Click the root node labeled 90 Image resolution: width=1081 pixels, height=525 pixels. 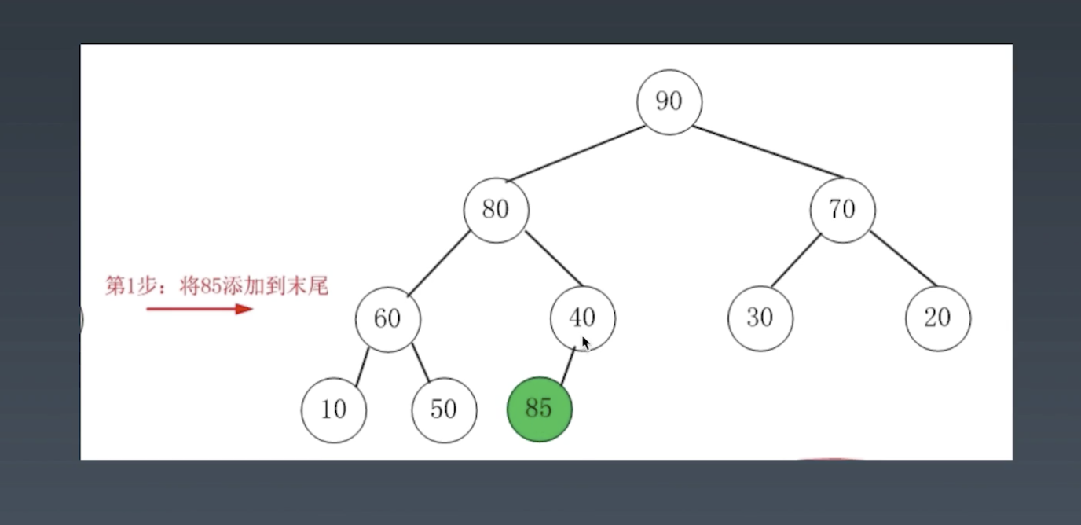tap(669, 102)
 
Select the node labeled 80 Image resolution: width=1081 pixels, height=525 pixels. tap(496, 210)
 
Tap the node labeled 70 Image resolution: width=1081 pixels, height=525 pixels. tap(842, 210)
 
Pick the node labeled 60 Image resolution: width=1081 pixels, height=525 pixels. tap(387, 318)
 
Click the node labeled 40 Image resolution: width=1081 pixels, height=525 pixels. tap(582, 318)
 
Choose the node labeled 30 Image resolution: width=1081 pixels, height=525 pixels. tap(760, 318)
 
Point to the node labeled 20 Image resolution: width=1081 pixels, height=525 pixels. tap(937, 318)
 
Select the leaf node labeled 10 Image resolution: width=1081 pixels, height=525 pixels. tap(333, 409)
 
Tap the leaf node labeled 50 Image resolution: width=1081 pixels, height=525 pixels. tap(444, 409)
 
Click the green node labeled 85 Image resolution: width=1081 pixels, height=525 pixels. tap(539, 409)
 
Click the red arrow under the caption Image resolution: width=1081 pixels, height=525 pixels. tap(200, 309)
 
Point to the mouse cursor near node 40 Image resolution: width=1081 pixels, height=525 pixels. tap(585, 343)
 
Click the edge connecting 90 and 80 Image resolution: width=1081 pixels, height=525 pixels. tap(576, 154)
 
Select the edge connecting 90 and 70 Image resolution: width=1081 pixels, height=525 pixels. tap(768, 152)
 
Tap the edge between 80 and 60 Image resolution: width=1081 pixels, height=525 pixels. tap(438, 264)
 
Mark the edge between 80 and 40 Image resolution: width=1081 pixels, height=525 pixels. tap(553, 259)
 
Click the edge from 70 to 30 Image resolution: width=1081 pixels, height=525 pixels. tap(795, 262)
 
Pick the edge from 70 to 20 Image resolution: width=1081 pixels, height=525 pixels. tap(903, 259)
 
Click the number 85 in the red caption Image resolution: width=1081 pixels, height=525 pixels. tap(211, 286)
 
